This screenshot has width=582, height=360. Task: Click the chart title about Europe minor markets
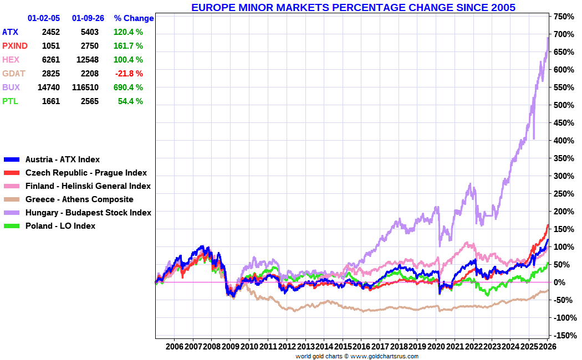353,7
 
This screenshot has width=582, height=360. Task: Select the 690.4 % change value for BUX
128,88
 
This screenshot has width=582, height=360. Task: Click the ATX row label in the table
10,32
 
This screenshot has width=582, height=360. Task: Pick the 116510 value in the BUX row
85,88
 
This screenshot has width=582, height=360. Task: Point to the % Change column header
134,18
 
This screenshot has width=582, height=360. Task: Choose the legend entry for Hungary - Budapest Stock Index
88,213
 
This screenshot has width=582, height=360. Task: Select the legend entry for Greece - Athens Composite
79,199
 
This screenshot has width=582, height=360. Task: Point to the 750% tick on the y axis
561,17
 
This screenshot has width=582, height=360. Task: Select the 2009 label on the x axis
230,346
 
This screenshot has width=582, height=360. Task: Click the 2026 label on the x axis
547,346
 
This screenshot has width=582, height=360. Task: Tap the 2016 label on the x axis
361,346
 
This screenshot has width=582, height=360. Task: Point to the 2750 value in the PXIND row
90,46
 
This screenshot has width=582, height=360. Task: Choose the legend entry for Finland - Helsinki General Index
88,186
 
